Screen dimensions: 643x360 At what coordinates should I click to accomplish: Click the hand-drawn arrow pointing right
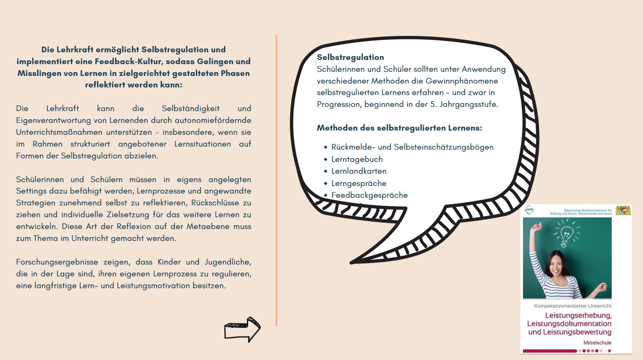(242, 329)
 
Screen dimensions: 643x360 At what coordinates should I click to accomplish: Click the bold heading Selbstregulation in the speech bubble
(350, 57)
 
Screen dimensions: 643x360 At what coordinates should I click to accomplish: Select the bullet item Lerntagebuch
(357, 159)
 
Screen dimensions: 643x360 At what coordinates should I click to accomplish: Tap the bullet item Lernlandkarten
(359, 171)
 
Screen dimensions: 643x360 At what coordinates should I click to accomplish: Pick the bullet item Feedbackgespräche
(369, 195)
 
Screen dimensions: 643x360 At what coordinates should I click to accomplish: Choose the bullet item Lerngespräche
(359, 183)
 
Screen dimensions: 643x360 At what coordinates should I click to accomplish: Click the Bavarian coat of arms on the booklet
(623, 210)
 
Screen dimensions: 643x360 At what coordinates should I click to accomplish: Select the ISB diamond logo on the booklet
(529, 210)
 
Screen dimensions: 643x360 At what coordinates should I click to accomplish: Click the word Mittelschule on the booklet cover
(597, 343)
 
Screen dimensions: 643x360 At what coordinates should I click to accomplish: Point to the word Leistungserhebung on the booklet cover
(578, 315)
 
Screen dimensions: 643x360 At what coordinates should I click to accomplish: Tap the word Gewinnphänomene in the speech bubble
(462, 81)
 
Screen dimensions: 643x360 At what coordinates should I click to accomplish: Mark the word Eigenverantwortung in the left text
(61, 120)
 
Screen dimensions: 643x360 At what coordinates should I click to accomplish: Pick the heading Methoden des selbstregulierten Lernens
(399, 128)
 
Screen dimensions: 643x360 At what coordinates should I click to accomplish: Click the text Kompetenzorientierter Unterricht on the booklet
(572, 306)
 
